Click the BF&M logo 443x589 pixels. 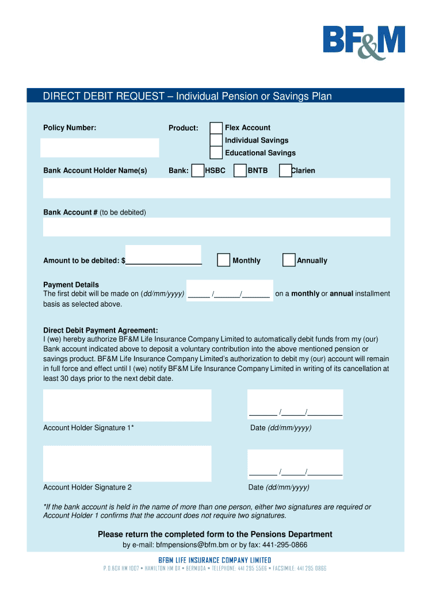[x=364, y=42]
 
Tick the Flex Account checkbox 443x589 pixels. [x=216, y=128]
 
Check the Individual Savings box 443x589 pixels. [x=216, y=140]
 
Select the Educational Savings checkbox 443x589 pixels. [x=216, y=153]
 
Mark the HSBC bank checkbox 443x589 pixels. [x=197, y=171]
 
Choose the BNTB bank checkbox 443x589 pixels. [x=240, y=171]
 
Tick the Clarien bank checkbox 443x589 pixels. [x=285, y=171]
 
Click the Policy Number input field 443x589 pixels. [x=100, y=148]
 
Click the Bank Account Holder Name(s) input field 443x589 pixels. [x=216, y=188]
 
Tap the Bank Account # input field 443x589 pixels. [x=216, y=227]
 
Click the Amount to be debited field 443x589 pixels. [x=163, y=255]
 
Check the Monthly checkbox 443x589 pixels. [x=224, y=261]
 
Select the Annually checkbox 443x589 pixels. [x=289, y=261]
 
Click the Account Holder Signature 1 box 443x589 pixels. [x=127, y=405]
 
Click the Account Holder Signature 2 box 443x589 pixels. [x=127, y=464]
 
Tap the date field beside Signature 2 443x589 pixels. [x=295, y=464]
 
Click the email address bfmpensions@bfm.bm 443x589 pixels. [x=188, y=545]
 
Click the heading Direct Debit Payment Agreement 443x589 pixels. [x=101, y=330]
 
